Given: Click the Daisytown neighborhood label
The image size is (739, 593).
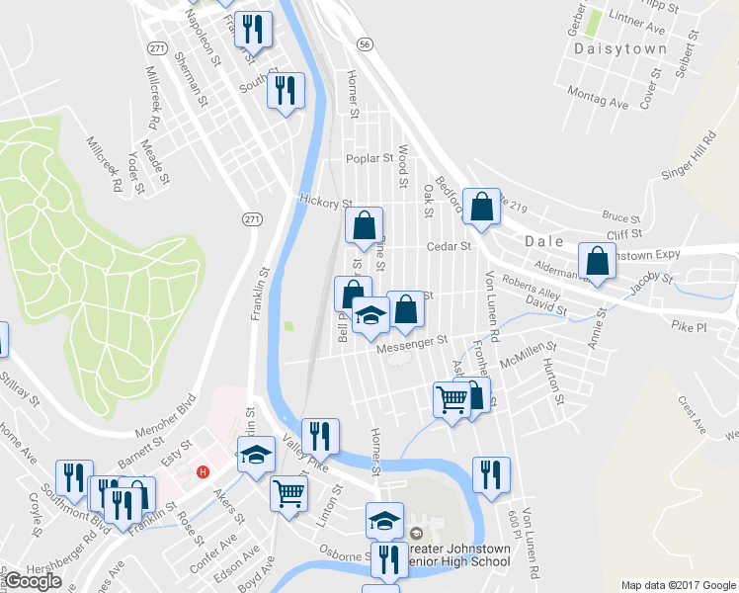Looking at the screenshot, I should (x=629, y=47).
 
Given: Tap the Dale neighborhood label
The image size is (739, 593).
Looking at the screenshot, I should (x=542, y=240).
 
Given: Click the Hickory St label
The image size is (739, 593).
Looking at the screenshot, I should (x=325, y=201).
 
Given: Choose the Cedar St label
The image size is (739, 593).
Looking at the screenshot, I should (x=446, y=247).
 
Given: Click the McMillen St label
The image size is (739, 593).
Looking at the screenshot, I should (x=529, y=355).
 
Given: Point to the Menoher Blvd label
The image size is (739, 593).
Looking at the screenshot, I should (x=165, y=417).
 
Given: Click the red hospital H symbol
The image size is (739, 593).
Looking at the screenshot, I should (x=203, y=471).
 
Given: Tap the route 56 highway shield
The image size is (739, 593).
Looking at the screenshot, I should (x=366, y=44).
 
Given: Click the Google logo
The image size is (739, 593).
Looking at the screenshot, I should (x=33, y=581).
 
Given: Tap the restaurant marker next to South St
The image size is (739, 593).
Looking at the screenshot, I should (x=287, y=91).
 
